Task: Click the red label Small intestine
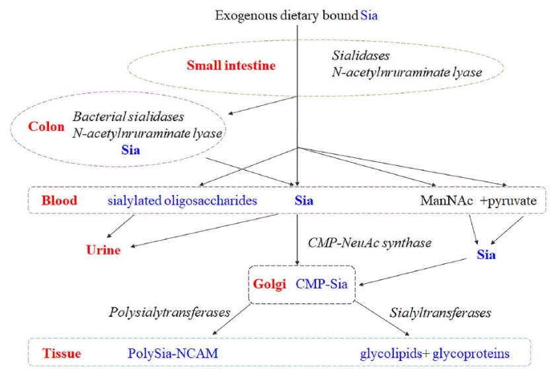point(231,65)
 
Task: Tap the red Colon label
point(46,126)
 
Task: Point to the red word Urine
point(103,250)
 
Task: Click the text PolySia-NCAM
point(173,354)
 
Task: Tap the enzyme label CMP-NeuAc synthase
point(370,243)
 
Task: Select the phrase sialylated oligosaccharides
point(182,200)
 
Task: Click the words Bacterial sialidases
point(128,116)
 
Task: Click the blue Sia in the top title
point(369,14)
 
